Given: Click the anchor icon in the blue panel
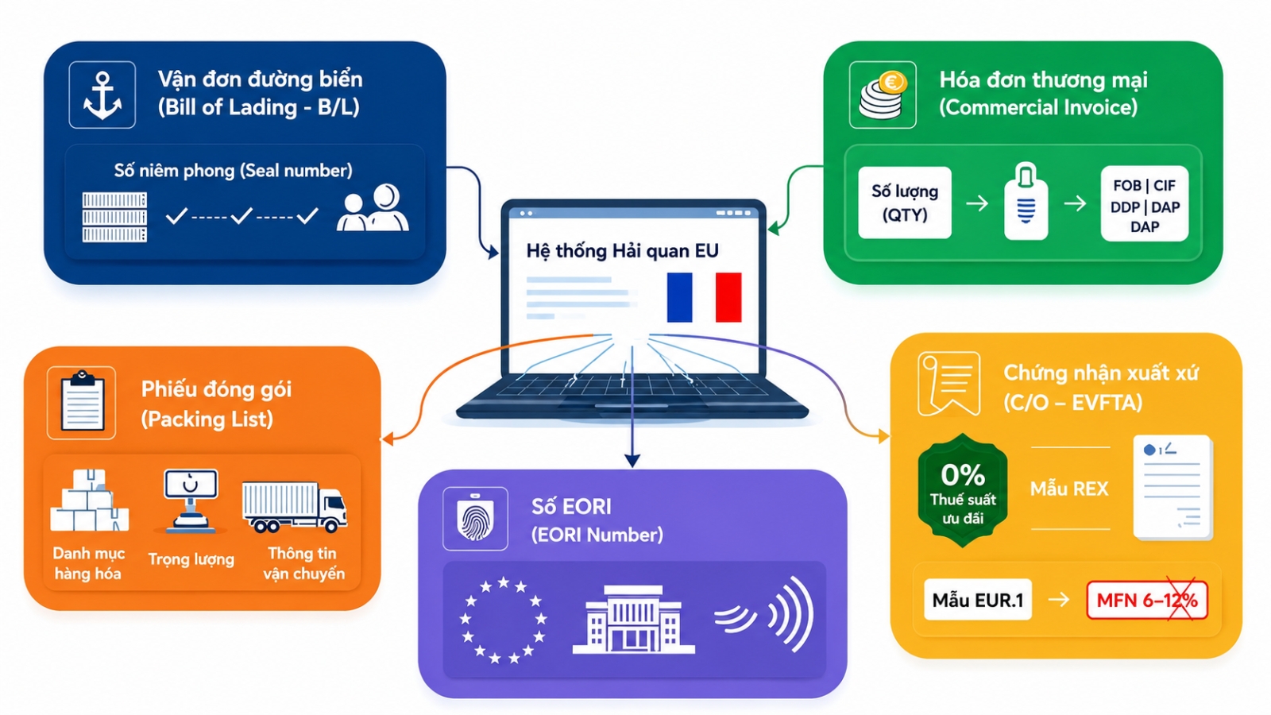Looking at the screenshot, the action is click(x=102, y=95).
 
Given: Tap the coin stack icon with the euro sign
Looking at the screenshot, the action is click(x=883, y=95).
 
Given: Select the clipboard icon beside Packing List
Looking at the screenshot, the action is click(x=83, y=402).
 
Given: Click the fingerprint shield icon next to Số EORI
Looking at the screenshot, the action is click(x=475, y=519).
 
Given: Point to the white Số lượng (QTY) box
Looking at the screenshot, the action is click(x=905, y=203).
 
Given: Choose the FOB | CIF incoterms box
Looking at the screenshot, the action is click(x=1145, y=203).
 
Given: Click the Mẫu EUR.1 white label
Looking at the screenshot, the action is click(x=978, y=600).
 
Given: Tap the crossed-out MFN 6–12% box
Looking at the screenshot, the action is click(x=1147, y=600).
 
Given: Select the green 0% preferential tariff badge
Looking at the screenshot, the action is click(x=962, y=489).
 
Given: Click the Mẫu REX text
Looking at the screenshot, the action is click(x=1069, y=489).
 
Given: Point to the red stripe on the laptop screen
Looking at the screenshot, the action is click(x=728, y=297).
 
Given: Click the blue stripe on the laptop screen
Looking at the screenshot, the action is click(x=680, y=297).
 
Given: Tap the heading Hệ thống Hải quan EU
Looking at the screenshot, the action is click(x=623, y=251).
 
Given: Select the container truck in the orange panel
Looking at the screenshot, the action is click(x=295, y=507).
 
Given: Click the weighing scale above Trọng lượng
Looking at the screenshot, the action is click(x=190, y=501).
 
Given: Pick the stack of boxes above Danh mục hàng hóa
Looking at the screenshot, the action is click(x=90, y=500).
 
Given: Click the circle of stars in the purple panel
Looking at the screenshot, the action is click(x=504, y=620).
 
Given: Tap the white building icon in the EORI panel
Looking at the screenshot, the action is click(x=634, y=619).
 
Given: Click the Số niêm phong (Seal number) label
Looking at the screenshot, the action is click(x=234, y=170).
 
